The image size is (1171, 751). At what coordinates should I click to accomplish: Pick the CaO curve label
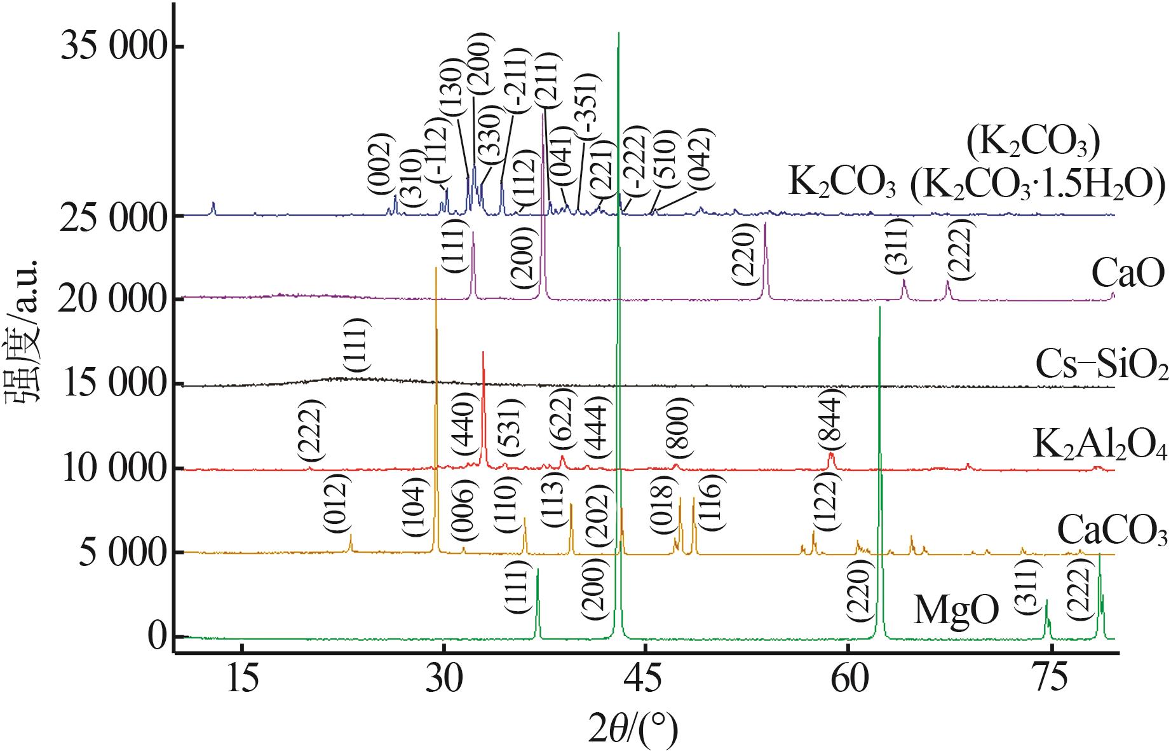point(1127,275)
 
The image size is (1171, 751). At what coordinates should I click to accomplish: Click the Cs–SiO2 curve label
point(1102,364)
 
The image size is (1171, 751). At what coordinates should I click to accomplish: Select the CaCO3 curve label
point(1112,531)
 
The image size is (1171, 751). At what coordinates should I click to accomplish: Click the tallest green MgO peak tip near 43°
point(618,33)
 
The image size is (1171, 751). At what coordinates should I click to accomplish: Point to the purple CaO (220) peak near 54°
point(766,224)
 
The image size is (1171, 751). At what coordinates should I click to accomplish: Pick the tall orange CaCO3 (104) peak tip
point(436,268)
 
